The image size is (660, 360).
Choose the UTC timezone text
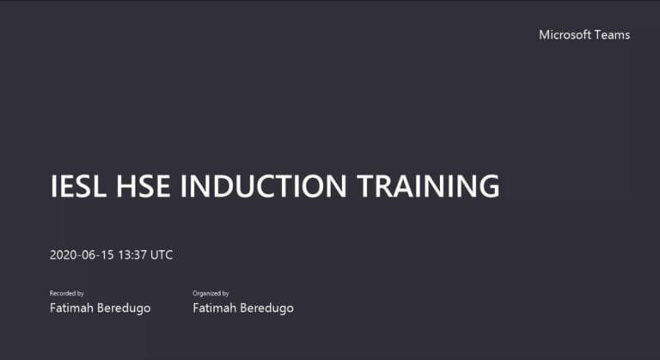[x=162, y=255]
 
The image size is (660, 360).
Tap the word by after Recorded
[x=81, y=294]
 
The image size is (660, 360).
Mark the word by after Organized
[x=226, y=294]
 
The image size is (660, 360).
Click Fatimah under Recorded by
[x=72, y=308]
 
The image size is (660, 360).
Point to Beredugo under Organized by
[x=267, y=308]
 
